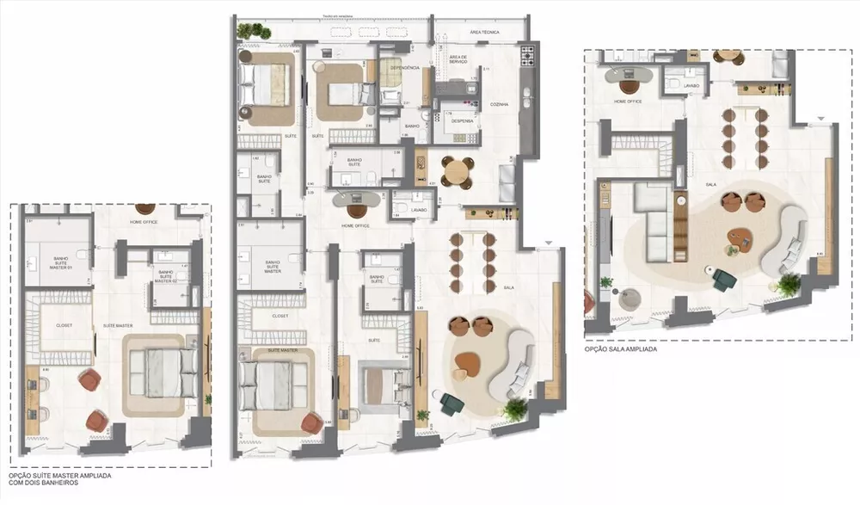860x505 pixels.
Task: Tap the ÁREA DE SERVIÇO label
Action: pos(458,60)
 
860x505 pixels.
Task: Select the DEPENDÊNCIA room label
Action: pos(404,67)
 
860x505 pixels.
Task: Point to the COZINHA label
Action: pos(499,104)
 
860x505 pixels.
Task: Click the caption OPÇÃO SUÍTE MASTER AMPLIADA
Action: pos(58,474)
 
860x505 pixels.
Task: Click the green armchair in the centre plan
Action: pos(450,402)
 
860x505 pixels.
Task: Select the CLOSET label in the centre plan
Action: pos(279,316)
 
